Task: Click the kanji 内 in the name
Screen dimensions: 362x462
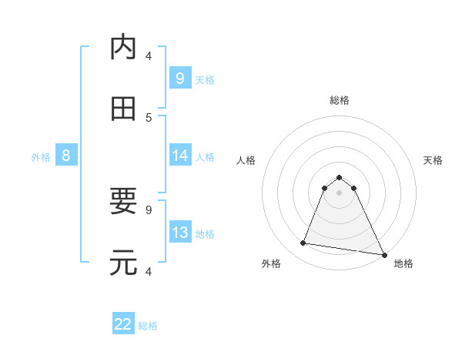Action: [x=123, y=48]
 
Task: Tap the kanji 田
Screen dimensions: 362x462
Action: [x=123, y=109]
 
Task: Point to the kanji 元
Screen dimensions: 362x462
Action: [x=123, y=263]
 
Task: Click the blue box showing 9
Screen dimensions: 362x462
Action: [x=179, y=78]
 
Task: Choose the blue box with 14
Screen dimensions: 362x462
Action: [x=179, y=156]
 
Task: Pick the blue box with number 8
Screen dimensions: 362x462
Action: [x=66, y=156]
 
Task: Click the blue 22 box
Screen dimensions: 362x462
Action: [x=123, y=324]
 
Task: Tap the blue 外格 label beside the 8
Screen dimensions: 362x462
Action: [x=41, y=156]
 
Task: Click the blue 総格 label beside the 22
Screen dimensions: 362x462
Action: [x=148, y=326]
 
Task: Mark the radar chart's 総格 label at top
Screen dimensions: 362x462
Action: [x=339, y=100]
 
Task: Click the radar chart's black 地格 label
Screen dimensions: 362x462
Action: [x=403, y=263]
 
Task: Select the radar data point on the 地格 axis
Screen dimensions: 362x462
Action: [x=383, y=254]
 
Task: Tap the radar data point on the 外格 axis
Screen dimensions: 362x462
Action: [x=303, y=243]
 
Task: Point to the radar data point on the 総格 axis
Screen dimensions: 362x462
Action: [x=339, y=175]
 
